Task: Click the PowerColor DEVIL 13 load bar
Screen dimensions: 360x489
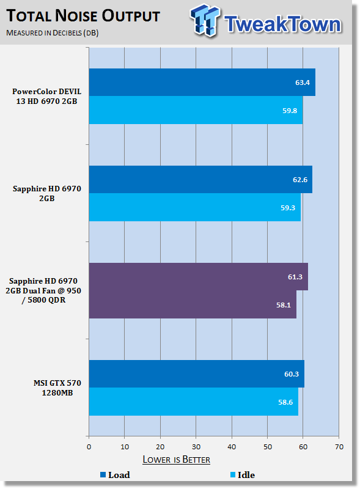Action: pyautogui.click(x=202, y=83)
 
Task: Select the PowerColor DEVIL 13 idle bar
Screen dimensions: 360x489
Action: pyautogui.click(x=196, y=110)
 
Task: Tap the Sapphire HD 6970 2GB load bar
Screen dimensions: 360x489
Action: pyautogui.click(x=200, y=179)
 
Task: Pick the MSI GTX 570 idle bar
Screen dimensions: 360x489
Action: pyautogui.click(x=193, y=402)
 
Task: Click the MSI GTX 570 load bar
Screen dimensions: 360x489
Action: pyautogui.click(x=197, y=374)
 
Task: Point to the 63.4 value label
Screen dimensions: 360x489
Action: pyautogui.click(x=303, y=83)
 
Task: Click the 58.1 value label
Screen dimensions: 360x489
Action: pyautogui.click(x=283, y=305)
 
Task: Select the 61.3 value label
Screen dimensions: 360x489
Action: pyautogui.click(x=295, y=277)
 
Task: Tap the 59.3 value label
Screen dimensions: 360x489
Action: pyautogui.click(x=288, y=208)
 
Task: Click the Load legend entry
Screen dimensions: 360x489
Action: pyautogui.click(x=115, y=475)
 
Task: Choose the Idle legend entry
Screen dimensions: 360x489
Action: pyautogui.click(x=243, y=475)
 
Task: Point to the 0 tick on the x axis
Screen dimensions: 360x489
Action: pyautogui.click(x=89, y=447)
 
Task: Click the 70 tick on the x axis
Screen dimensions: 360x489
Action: pyautogui.click(x=339, y=447)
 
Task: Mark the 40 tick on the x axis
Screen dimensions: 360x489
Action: pyautogui.click(x=232, y=447)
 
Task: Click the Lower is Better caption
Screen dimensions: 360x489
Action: pyautogui.click(x=176, y=460)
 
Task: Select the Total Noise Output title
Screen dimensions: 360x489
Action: pyautogui.click(x=83, y=16)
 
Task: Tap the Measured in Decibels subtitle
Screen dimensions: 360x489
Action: pyautogui.click(x=53, y=33)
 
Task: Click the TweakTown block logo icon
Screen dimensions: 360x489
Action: pyautogui.click(x=205, y=21)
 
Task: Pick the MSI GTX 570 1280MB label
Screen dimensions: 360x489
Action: pyautogui.click(x=57, y=388)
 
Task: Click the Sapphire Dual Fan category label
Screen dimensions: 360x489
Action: pyautogui.click(x=43, y=291)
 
